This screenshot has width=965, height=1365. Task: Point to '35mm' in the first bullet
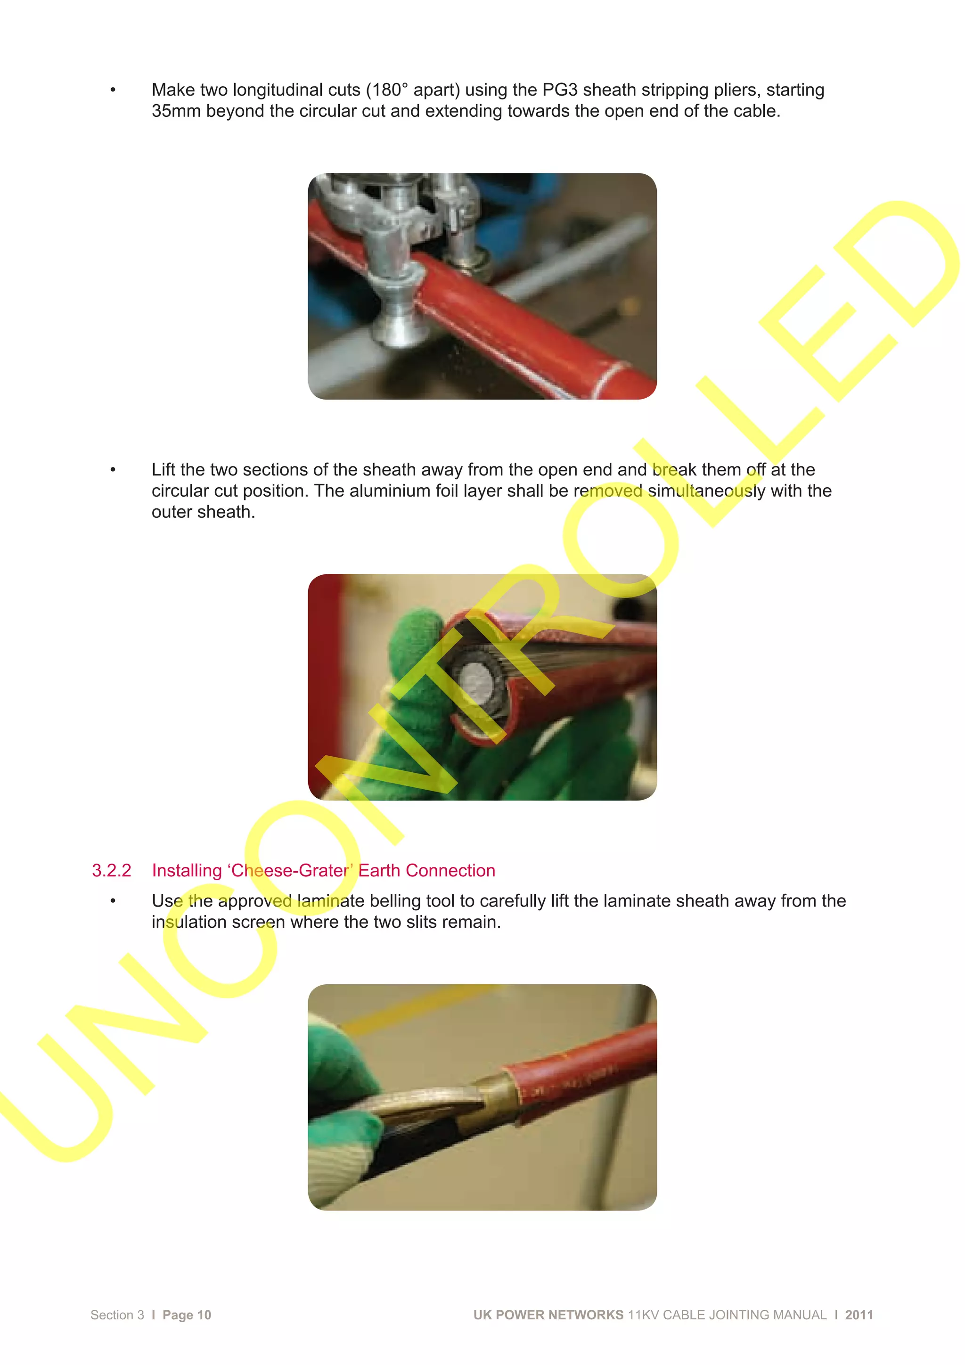pos(176,111)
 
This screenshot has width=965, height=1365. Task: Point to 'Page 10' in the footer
pos(187,1315)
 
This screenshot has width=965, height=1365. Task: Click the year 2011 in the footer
pos(859,1315)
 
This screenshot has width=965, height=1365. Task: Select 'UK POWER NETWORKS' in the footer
pos(548,1315)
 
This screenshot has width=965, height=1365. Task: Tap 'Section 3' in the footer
pos(117,1315)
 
